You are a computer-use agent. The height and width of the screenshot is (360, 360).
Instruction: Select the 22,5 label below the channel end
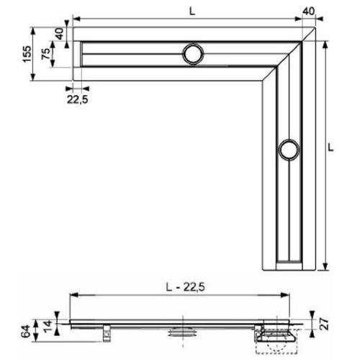point(78,101)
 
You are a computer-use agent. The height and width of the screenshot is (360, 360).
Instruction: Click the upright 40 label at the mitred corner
point(308,11)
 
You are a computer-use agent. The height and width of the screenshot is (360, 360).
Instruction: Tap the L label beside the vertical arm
point(330,146)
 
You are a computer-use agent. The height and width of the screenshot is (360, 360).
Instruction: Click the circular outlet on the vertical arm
point(289,150)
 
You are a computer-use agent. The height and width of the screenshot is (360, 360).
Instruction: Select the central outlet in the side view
point(184,332)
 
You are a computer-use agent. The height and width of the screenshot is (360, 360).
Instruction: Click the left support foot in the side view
point(107,330)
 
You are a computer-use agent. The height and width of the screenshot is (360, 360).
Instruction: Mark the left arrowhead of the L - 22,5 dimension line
point(73,295)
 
